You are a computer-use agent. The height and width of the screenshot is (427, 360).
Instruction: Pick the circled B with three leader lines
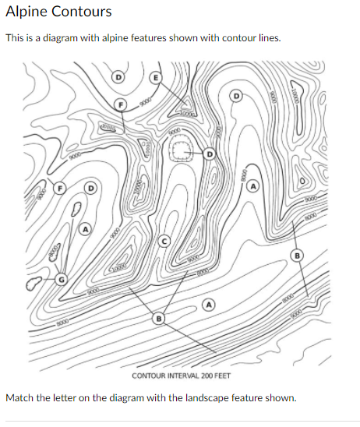[159, 319]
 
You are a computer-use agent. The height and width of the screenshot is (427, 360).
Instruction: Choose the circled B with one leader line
[296, 256]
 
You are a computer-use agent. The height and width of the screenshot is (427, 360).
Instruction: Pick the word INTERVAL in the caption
[184, 376]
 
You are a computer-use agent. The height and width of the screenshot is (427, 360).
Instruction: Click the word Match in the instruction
[19, 398]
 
